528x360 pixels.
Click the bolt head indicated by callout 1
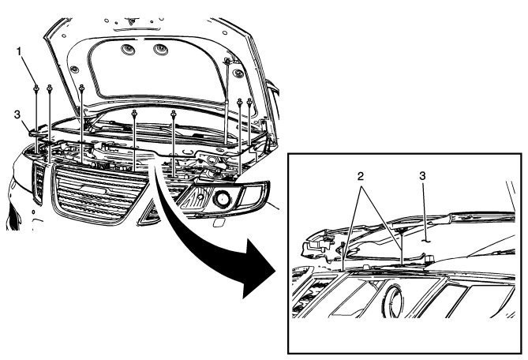point(37,88)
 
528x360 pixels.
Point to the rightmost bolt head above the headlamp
point(250,102)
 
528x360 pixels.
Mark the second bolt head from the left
point(50,88)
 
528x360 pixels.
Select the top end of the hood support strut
point(227,62)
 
